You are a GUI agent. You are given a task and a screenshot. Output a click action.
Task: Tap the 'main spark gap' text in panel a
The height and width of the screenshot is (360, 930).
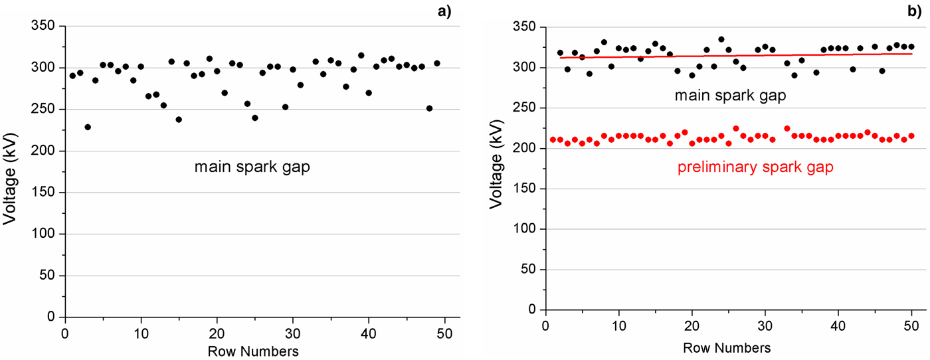[252, 167]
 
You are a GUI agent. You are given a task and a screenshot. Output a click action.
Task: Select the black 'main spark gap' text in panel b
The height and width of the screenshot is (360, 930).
[731, 96]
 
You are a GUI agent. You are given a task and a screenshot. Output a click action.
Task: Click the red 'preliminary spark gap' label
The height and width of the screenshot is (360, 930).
[755, 167]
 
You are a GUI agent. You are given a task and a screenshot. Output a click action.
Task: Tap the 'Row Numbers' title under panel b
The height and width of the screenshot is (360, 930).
[727, 347]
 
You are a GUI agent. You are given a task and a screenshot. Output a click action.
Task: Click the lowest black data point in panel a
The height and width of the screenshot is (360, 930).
[88, 127]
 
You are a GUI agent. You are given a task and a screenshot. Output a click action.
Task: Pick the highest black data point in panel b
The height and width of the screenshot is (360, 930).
[721, 39]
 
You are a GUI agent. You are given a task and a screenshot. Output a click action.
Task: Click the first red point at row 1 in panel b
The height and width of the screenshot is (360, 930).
[553, 139]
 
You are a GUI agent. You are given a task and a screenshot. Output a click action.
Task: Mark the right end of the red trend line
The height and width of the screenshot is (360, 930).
[911, 54]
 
